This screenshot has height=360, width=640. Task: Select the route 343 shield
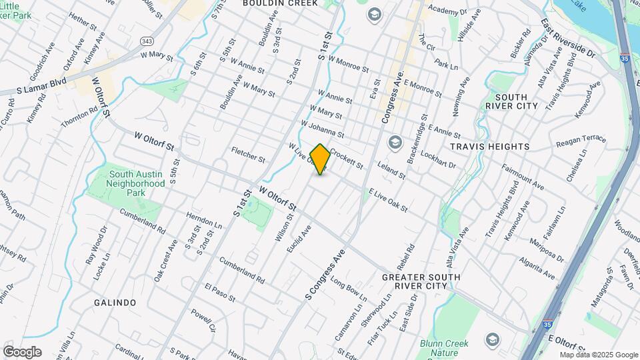coord(147,41)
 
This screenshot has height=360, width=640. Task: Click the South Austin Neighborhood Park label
coord(136,183)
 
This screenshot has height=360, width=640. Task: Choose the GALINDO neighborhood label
coord(115,303)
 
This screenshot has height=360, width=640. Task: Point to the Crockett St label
coord(345,157)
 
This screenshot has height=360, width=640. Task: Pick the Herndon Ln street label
coord(203,221)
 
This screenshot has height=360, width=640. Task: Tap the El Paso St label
coord(219,293)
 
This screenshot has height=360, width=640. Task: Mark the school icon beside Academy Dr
coord(373,13)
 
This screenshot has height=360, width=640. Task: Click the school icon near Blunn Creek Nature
coord(493,339)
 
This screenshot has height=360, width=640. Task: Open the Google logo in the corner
coord(22,352)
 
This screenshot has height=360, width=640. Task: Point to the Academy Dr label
coord(447,11)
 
